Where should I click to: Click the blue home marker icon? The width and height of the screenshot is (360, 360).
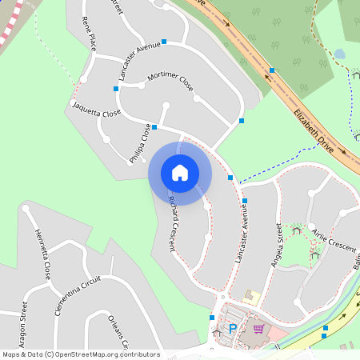point(180,173)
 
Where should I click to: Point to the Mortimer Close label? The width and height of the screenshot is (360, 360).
point(170,81)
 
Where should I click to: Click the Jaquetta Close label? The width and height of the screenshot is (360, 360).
point(96,110)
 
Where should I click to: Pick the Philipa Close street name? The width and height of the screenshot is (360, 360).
point(140,145)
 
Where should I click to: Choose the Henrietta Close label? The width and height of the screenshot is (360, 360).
point(43,254)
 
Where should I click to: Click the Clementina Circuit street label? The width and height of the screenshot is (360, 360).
point(78,295)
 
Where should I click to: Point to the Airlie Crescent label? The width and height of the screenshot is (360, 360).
point(334,239)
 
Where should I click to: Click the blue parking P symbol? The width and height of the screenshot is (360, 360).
point(233,328)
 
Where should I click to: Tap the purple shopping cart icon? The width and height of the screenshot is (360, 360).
point(258,328)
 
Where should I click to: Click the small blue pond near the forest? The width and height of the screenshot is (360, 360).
point(340,54)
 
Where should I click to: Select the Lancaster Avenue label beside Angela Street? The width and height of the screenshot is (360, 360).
point(242,233)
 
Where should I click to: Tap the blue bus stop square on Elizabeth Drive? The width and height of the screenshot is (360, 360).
point(272,70)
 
